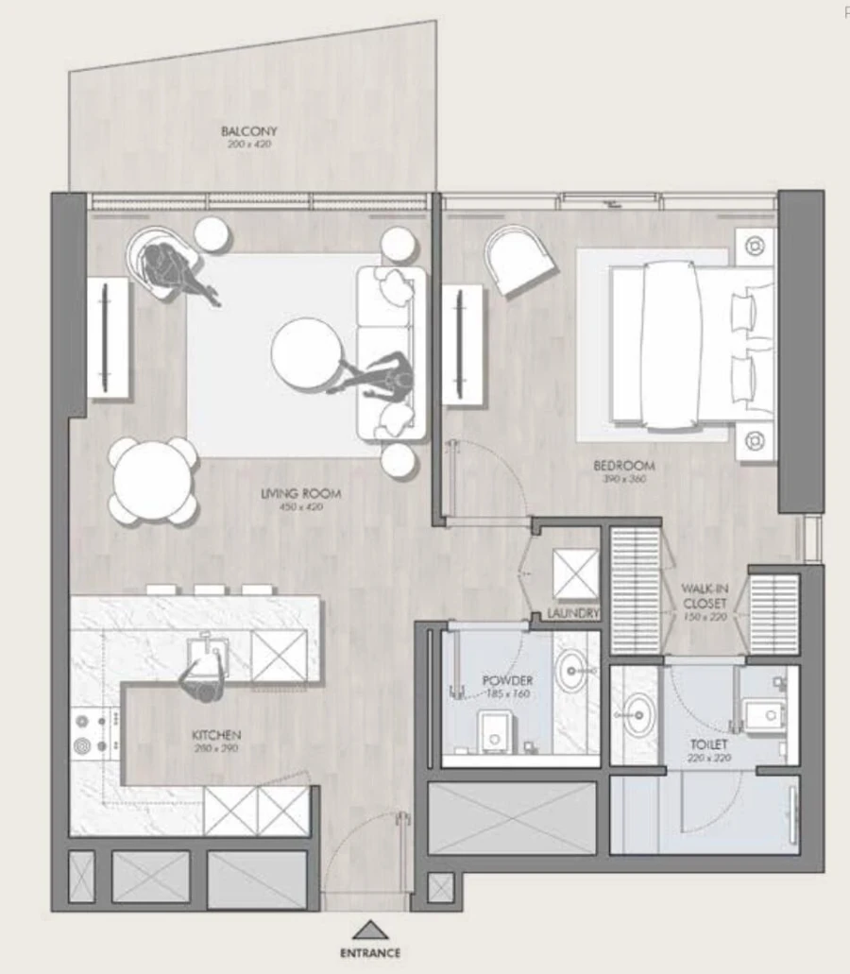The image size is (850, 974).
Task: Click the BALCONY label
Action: pyautogui.click(x=248, y=131)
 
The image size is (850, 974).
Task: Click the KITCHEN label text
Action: pyautogui.click(x=216, y=734)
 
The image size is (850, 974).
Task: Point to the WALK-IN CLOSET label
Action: pyautogui.click(x=705, y=595)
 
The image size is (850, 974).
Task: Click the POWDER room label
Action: pyautogui.click(x=506, y=680)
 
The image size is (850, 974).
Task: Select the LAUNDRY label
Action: pyautogui.click(x=573, y=614)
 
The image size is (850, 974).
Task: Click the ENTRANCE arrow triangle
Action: pyautogui.click(x=371, y=930)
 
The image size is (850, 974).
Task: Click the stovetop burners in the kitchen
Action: pyautogui.click(x=93, y=731)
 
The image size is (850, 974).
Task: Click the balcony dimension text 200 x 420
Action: pyautogui.click(x=248, y=145)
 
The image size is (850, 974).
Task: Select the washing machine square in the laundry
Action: pyautogui.click(x=575, y=573)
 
